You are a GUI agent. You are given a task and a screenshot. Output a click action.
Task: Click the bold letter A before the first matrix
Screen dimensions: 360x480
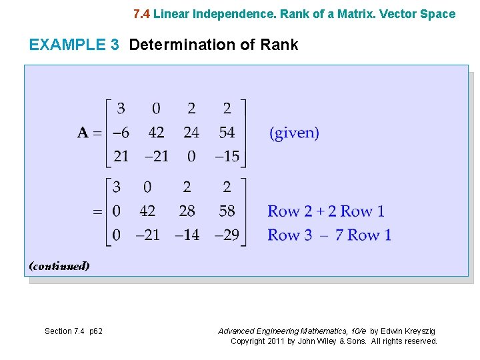(x=83, y=133)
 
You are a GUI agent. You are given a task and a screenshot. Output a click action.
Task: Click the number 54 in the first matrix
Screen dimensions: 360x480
(x=227, y=133)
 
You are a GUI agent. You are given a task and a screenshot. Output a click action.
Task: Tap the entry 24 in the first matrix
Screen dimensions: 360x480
(x=191, y=133)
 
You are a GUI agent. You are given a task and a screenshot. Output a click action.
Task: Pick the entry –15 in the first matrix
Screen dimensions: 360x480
(x=227, y=157)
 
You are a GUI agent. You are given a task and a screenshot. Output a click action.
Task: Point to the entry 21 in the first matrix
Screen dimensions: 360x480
(x=121, y=157)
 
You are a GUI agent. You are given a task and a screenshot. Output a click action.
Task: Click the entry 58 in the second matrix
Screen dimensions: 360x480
(x=227, y=211)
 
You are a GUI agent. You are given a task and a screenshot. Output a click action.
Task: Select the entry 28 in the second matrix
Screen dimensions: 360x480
(x=187, y=211)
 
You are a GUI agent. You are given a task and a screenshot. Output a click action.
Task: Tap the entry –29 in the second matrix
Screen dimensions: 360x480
(x=227, y=235)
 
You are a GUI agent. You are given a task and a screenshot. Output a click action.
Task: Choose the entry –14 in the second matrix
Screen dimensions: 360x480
(x=187, y=235)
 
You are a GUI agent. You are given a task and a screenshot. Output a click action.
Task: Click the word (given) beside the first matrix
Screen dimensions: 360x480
(x=294, y=133)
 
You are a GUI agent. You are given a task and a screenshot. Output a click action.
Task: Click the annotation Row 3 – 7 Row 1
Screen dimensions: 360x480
(x=329, y=235)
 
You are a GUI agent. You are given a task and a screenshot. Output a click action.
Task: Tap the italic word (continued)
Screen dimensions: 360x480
(x=59, y=266)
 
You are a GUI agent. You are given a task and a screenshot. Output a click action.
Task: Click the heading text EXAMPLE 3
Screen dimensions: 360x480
(x=74, y=45)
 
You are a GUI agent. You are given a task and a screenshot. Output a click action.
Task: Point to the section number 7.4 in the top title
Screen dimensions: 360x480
(x=142, y=14)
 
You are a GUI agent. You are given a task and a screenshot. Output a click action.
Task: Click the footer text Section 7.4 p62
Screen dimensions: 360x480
(x=73, y=331)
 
